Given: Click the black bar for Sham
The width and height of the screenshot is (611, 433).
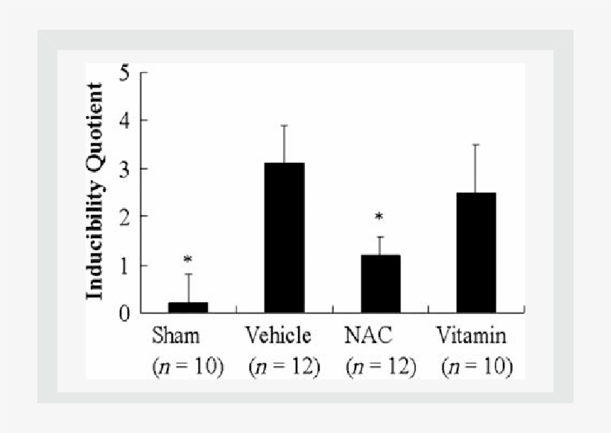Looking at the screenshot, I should tap(188, 307).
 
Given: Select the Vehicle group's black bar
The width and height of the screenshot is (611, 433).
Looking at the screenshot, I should tap(284, 237).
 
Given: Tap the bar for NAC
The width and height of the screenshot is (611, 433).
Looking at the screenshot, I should tap(380, 283).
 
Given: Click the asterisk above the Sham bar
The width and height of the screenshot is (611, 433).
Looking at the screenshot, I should tap(188, 260).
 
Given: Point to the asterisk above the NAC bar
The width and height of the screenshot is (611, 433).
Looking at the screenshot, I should tap(379, 218).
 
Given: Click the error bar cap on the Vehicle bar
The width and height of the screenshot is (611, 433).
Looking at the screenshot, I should tap(284, 126).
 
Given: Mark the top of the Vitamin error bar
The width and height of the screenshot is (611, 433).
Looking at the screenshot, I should tap(476, 144).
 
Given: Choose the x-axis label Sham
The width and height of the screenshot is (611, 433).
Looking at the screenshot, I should tap(176, 336).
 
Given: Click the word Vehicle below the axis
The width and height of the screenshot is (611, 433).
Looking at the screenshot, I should tap(278, 336).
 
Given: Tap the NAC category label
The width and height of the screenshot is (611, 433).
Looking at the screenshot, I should tap(368, 336).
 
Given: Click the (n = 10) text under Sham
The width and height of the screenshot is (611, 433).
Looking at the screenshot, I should tap(187, 367).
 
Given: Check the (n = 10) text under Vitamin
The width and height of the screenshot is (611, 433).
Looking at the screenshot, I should tap(477, 367).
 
